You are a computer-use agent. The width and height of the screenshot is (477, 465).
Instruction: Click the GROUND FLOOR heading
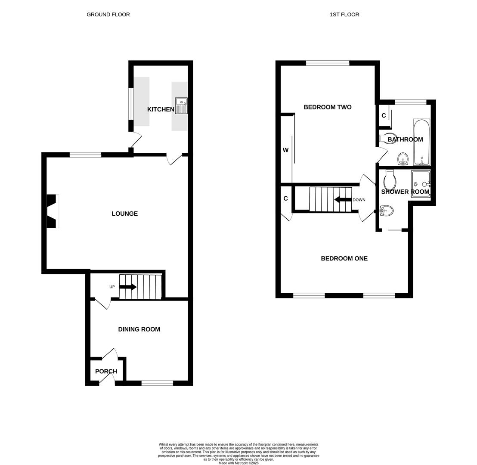[x=108, y=15]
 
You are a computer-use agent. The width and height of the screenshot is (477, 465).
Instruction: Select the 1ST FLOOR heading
[x=344, y=15]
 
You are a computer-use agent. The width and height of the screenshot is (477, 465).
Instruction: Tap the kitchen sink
[x=181, y=105]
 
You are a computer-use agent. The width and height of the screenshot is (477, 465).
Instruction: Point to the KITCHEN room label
[x=161, y=109]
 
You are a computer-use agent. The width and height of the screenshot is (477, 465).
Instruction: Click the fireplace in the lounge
[x=52, y=211]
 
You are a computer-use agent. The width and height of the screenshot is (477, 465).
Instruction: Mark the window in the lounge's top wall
[x=85, y=155]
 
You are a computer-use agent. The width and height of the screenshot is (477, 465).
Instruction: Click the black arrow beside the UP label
[x=128, y=287]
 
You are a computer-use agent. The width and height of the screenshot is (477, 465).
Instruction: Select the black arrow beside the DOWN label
[x=343, y=199]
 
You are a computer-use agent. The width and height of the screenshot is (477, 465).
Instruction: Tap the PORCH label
[x=106, y=371]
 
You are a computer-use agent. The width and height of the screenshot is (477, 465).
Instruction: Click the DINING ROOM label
[x=139, y=329]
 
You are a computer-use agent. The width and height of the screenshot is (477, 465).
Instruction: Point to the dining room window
[x=157, y=383]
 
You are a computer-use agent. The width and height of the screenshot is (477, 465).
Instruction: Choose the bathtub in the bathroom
[x=421, y=142]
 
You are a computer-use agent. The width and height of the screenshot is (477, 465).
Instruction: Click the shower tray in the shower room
[x=421, y=184]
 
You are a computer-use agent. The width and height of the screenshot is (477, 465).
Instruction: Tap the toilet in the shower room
[x=390, y=180]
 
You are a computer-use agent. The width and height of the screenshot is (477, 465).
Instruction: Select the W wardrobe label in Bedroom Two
[x=285, y=150]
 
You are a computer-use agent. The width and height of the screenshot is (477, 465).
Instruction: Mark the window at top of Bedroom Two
[x=328, y=63]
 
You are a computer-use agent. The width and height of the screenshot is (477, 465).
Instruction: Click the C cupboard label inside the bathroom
[x=384, y=116]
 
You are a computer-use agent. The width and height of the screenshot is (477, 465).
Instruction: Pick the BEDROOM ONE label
[x=344, y=258]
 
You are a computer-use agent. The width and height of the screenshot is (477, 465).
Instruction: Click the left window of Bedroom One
[x=309, y=295]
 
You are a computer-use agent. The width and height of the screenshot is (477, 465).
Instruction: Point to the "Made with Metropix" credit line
[x=238, y=463]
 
